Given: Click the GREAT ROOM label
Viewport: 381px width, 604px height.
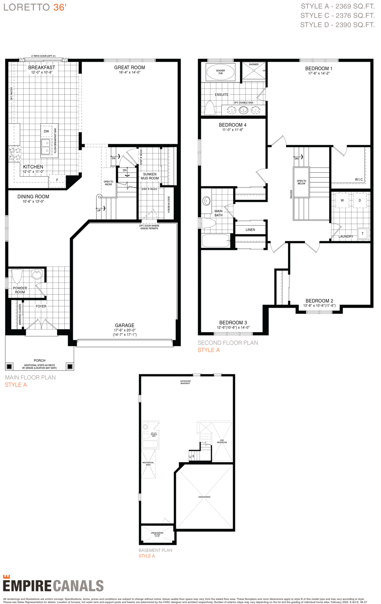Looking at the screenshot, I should (x=129, y=68).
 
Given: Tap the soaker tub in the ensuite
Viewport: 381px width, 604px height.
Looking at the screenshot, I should (x=220, y=72).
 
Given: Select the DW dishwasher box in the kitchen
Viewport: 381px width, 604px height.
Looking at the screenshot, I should (x=46, y=131).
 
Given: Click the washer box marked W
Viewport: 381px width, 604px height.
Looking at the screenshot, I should (x=342, y=200).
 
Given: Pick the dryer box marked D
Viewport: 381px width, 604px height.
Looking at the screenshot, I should (x=360, y=200).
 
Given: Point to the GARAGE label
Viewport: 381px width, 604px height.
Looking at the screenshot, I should (x=124, y=325).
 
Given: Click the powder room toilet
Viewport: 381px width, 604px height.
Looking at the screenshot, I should (x=17, y=276).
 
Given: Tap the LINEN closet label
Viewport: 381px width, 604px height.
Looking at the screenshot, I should (x=250, y=230).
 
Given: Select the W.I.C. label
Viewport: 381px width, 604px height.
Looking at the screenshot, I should (x=359, y=179).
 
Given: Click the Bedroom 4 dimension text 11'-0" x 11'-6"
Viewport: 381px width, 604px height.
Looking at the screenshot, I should (x=232, y=130).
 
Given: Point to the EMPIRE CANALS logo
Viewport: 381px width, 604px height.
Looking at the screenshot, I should (x=53, y=586).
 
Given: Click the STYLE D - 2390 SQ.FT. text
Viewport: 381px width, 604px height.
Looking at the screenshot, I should (x=337, y=25).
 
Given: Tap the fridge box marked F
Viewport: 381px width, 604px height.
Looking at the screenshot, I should (x=57, y=180).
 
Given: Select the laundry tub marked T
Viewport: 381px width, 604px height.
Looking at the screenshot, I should (x=362, y=234).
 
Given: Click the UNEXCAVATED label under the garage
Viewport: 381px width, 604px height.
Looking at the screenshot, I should (x=204, y=497).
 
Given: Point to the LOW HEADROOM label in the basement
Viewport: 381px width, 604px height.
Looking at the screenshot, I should (x=222, y=441).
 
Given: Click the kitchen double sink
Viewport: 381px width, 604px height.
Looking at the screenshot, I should (x=46, y=147).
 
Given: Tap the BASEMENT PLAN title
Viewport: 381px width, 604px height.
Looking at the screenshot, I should (x=155, y=550).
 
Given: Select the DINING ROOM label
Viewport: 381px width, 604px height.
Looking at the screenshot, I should (x=33, y=197).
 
